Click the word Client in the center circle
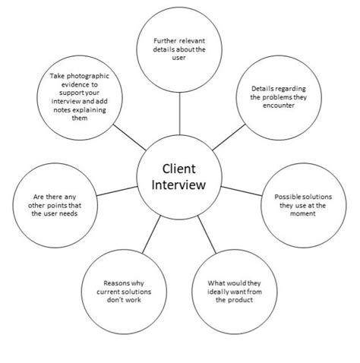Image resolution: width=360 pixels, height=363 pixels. (x=180, y=169)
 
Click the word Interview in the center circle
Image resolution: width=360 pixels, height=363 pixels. (x=180, y=187)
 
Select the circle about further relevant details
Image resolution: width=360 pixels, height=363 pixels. (x=180, y=46)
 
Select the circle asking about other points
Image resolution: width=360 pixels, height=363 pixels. (x=55, y=204)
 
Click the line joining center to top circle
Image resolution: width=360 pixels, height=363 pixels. (x=180, y=114)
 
